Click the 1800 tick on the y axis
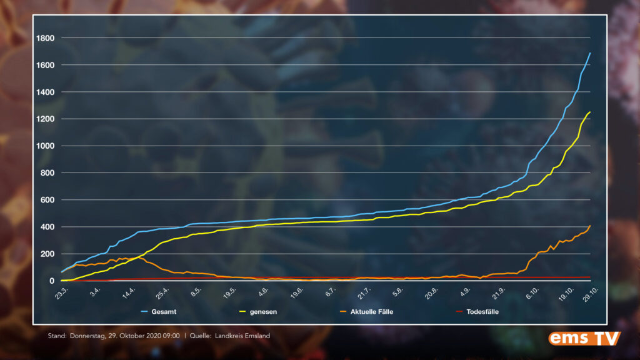pyautogui.click(x=46, y=39)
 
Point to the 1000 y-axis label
pyautogui.click(x=46, y=146)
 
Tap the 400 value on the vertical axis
pyautogui.click(x=49, y=227)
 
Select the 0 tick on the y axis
pyautogui.click(x=52, y=281)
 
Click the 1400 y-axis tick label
pyautogui.click(x=46, y=92)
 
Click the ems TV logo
pyautogui.click(x=584, y=338)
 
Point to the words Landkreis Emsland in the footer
pyautogui.click(x=243, y=336)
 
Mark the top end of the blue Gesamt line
pyautogui.click(x=590, y=53)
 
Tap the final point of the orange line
pyautogui.click(x=590, y=226)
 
